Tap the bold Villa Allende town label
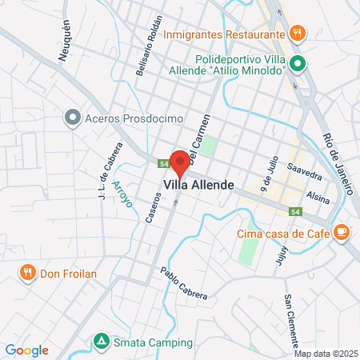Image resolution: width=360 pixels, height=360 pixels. tap(199, 185)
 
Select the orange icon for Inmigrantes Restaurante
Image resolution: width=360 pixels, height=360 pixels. tap(297, 34)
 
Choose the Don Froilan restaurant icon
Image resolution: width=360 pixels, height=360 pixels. tap(28, 274)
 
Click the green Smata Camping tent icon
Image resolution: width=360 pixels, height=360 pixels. tap(101, 342)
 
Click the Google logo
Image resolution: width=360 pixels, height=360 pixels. tap(26, 350)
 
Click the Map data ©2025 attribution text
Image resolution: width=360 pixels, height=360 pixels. tap(325, 354)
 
